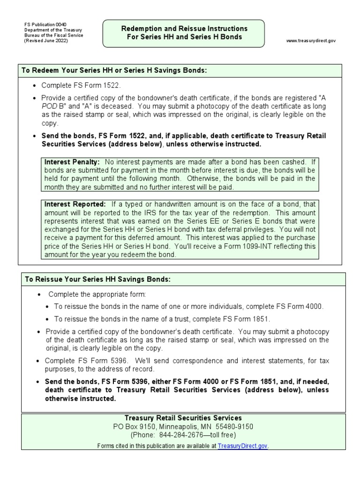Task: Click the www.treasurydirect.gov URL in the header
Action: [311, 41]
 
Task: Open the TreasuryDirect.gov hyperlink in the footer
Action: [242, 445]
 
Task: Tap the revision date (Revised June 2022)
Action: [46, 41]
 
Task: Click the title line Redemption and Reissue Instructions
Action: [184, 29]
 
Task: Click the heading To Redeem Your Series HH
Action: [114, 70]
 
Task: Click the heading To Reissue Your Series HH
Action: [97, 279]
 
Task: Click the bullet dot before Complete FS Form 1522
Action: [35, 86]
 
